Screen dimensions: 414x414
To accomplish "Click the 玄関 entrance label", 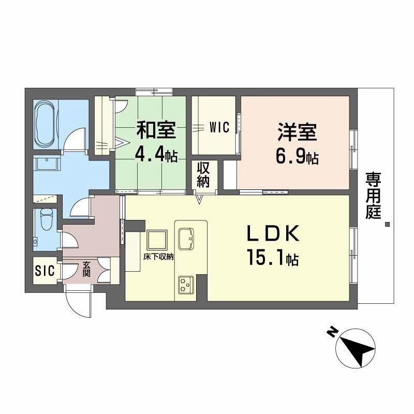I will [86, 269].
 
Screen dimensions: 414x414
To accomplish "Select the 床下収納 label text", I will [158, 257].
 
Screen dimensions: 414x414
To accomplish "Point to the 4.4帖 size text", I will [156, 155].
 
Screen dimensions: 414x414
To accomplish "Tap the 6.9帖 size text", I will [297, 157].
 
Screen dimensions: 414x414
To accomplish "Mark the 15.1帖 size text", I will [272, 258].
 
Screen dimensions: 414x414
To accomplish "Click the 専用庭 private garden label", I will [373, 196].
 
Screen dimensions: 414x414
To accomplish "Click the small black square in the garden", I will [387, 225].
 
